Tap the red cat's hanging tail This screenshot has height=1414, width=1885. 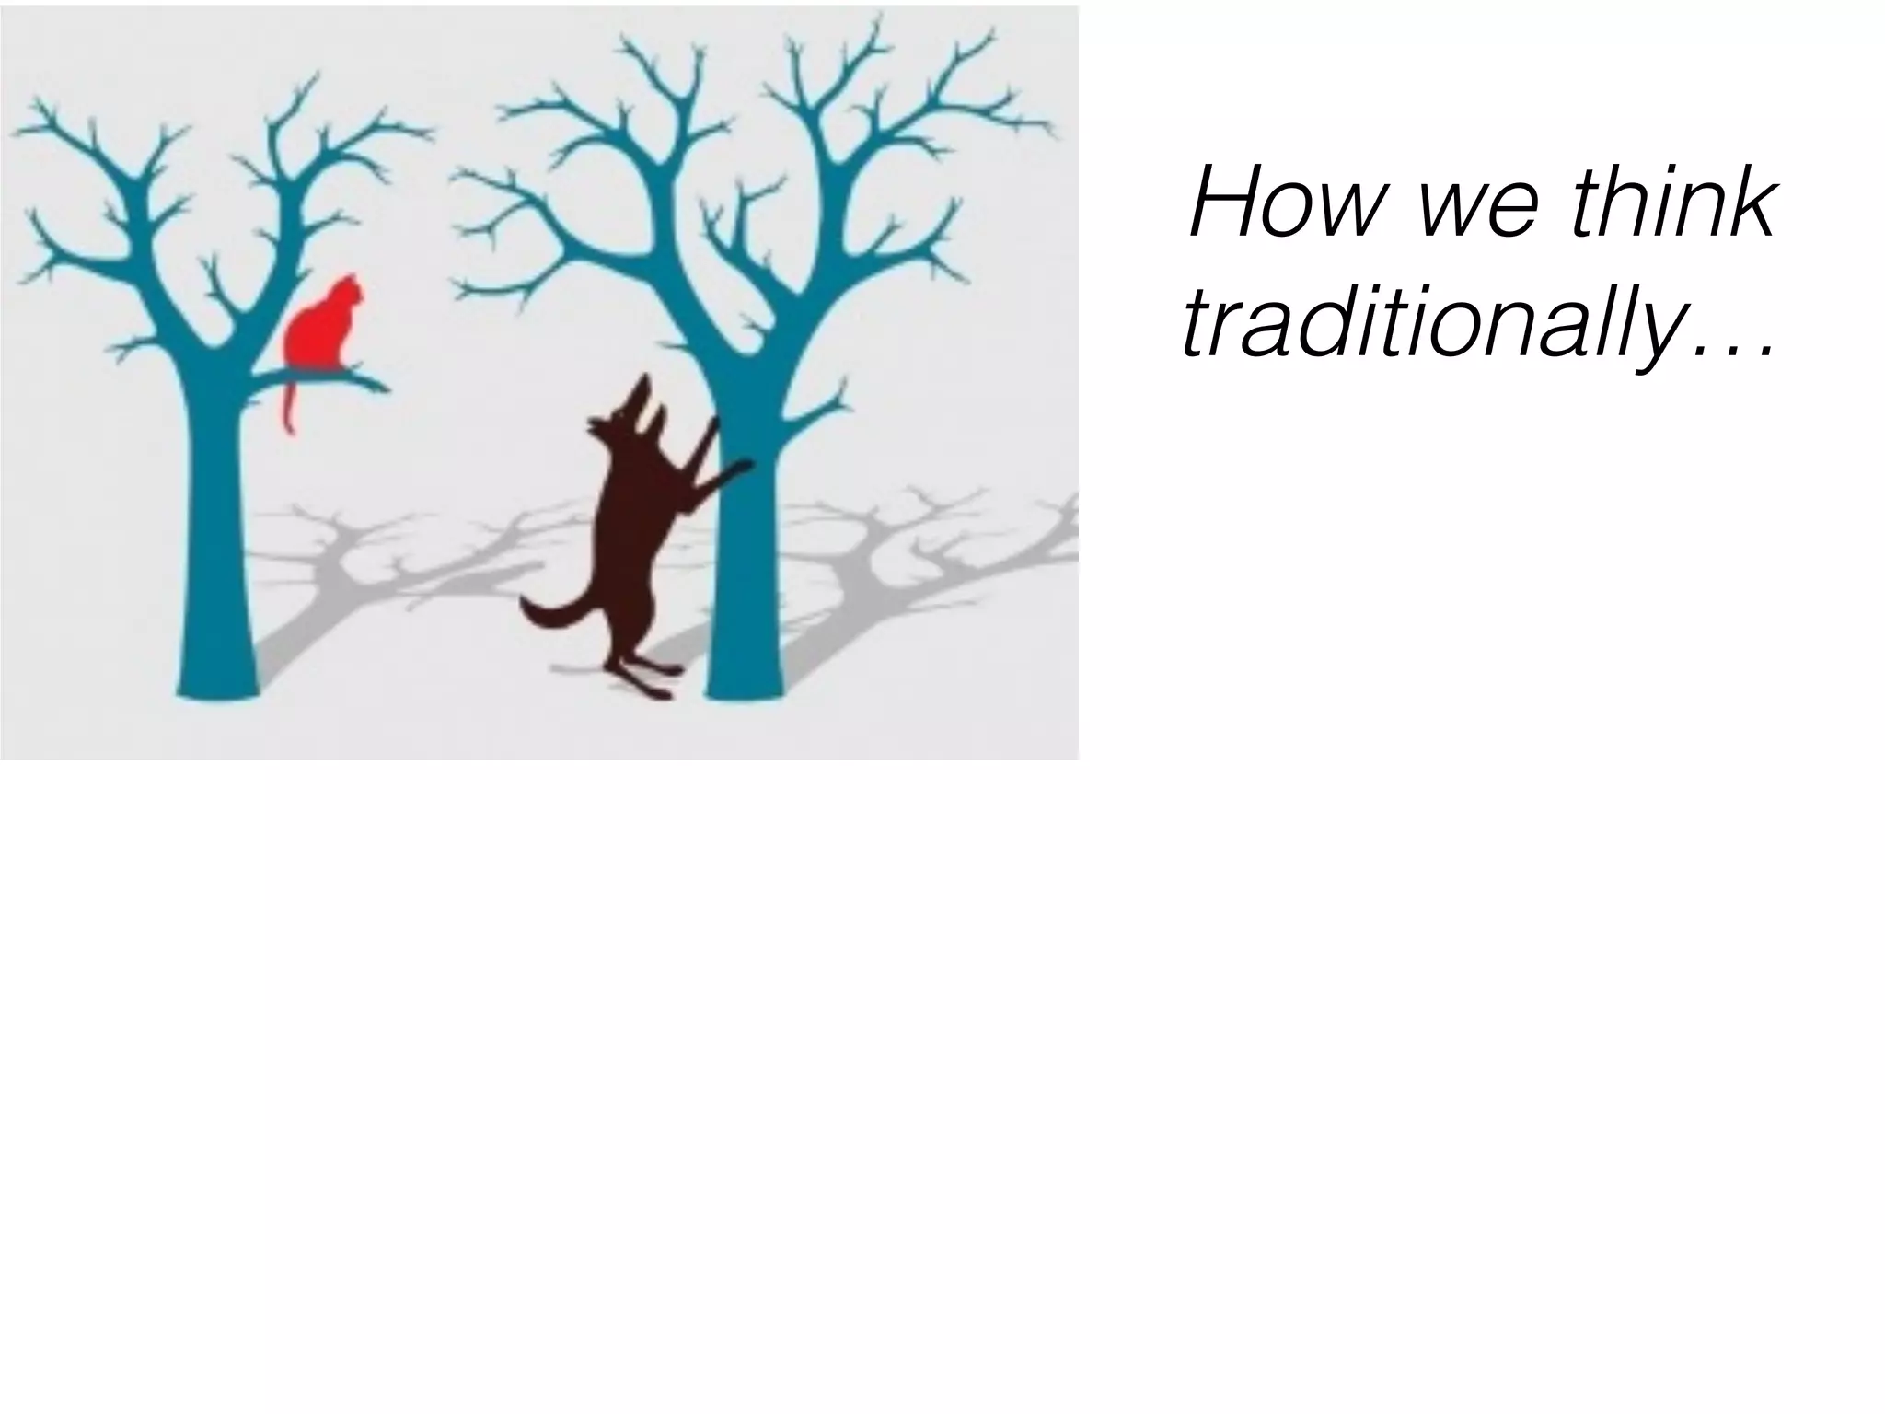[288, 405]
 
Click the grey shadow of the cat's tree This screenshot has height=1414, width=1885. [368, 571]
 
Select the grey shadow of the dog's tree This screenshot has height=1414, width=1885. [902, 571]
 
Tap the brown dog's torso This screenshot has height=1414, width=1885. [635, 516]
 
